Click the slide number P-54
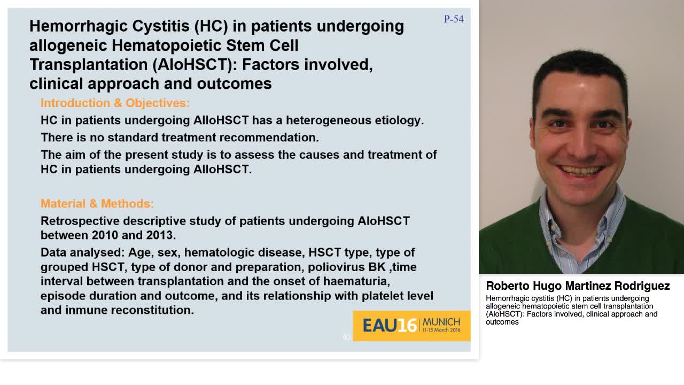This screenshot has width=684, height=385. (454, 19)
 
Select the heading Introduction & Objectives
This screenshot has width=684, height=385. (115, 103)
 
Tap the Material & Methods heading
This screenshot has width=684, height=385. (97, 204)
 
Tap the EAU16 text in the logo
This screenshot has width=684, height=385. (390, 326)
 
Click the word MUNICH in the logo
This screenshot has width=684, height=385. (441, 322)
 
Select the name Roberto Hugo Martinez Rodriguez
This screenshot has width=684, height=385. (578, 286)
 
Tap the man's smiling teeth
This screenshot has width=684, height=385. (580, 171)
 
